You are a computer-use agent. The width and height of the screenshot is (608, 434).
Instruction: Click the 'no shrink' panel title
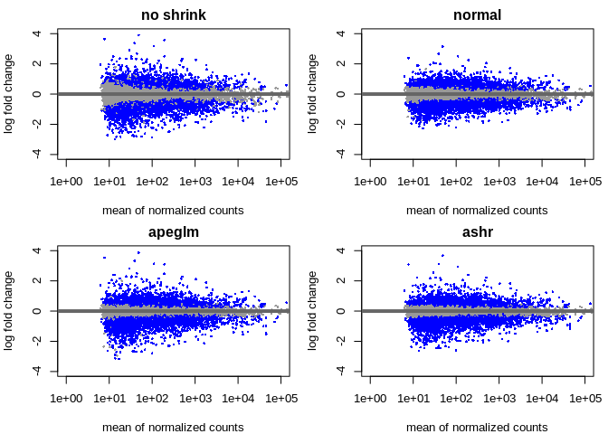click(x=173, y=15)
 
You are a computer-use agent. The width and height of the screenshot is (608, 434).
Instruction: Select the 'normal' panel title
click(x=477, y=15)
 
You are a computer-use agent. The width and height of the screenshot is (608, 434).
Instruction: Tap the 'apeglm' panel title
click(x=173, y=231)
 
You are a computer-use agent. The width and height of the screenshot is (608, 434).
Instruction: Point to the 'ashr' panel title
click(x=477, y=231)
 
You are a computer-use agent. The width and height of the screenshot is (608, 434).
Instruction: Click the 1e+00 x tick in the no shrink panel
click(x=66, y=182)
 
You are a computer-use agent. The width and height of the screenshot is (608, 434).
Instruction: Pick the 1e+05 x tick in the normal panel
click(x=586, y=182)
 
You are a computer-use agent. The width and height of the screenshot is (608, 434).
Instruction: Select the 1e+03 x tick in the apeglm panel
click(x=195, y=399)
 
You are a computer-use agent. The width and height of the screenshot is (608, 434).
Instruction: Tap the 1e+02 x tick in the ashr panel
click(x=456, y=399)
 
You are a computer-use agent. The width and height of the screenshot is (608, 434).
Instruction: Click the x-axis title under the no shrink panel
click(x=173, y=210)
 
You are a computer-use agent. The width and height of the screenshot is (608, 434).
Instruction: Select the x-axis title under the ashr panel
click(x=477, y=427)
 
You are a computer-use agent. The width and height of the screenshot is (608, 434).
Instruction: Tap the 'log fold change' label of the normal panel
click(x=313, y=94)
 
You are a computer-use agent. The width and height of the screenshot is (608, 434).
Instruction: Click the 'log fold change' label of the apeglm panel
click(x=9, y=310)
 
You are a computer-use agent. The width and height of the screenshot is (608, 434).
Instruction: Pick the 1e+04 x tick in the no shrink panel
click(x=239, y=182)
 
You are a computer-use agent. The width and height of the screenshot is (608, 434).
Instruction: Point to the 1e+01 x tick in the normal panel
click(x=413, y=182)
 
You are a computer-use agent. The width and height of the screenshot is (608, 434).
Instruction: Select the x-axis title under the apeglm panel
click(x=173, y=427)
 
